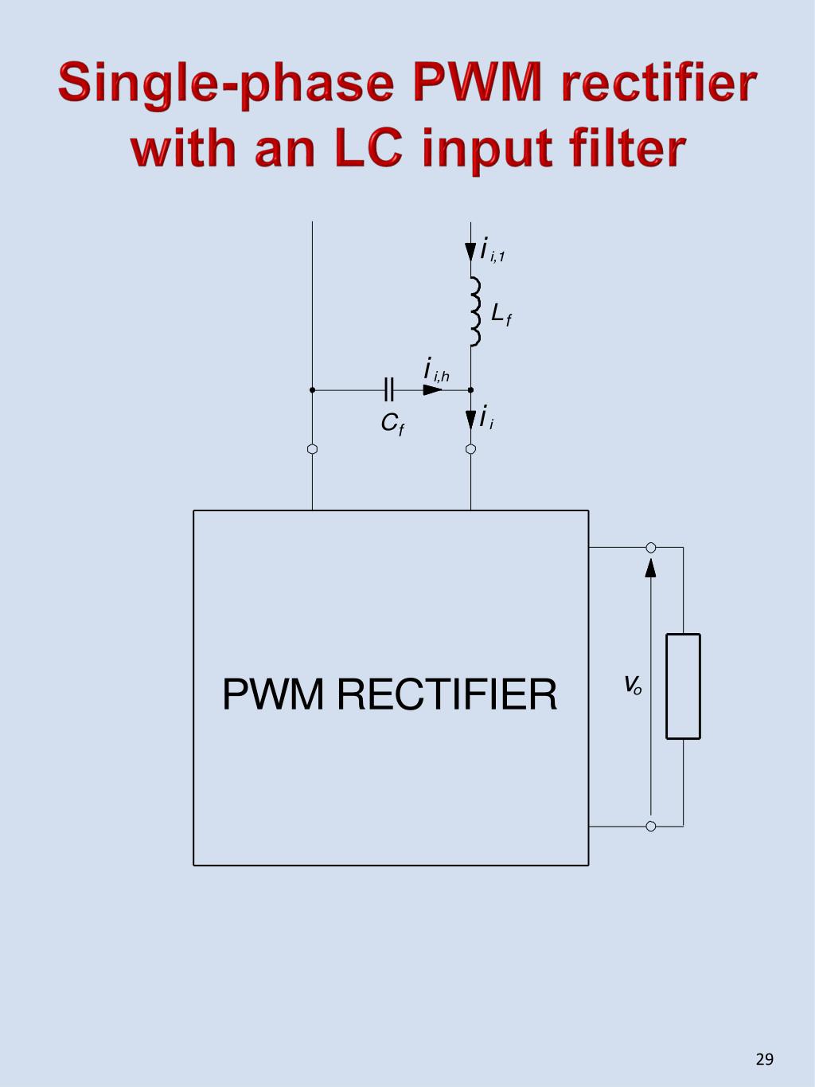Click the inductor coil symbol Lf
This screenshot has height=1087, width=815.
click(475, 312)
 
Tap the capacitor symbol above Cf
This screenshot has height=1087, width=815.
click(388, 389)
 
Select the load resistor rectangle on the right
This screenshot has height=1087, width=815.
click(683, 686)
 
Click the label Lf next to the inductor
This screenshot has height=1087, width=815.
click(501, 315)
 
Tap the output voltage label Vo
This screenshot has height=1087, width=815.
click(633, 684)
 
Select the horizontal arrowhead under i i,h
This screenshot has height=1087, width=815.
click(432, 390)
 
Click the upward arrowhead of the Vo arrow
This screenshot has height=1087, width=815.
click(651, 566)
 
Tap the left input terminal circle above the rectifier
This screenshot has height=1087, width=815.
click(313, 449)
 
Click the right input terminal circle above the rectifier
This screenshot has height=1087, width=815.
click(471, 449)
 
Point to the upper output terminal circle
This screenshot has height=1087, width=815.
click(651, 547)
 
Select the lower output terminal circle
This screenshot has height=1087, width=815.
click(651, 826)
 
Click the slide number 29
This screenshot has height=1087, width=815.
click(764, 1059)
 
